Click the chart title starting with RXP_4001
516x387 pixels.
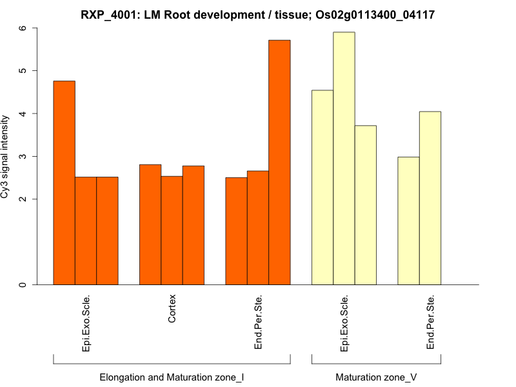click(x=258, y=14)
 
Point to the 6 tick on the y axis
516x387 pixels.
click(x=23, y=28)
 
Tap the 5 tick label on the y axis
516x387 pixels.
click(x=23, y=71)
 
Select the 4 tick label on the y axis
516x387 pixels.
click(x=23, y=114)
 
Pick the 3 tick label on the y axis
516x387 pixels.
click(x=23, y=157)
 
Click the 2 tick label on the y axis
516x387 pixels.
click(x=23, y=199)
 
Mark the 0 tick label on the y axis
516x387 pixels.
click(x=23, y=284)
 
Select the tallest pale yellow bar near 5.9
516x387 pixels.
click(x=344, y=158)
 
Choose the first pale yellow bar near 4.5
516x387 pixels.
click(x=322, y=187)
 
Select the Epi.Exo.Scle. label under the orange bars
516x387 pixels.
click(x=86, y=322)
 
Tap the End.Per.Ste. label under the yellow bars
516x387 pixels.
click(x=430, y=322)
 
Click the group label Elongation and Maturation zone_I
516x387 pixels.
click(x=172, y=377)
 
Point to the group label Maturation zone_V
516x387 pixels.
click(x=376, y=377)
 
